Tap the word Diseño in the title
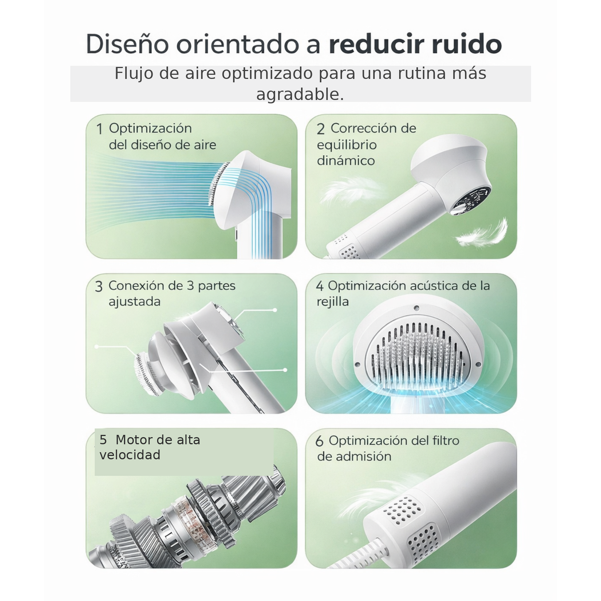(x=127, y=44)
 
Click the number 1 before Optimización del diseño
(x=99, y=129)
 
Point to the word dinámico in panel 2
(x=346, y=161)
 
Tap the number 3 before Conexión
(x=99, y=287)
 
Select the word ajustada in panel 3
(x=134, y=302)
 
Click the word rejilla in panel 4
(x=332, y=302)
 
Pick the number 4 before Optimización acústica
(x=319, y=286)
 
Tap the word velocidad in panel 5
(x=130, y=455)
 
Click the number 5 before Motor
(x=103, y=440)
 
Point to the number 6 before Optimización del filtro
(x=319, y=441)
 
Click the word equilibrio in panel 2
(x=346, y=145)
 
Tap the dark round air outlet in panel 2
(x=472, y=200)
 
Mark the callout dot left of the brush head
(x=96, y=346)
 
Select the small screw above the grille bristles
(x=416, y=308)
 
